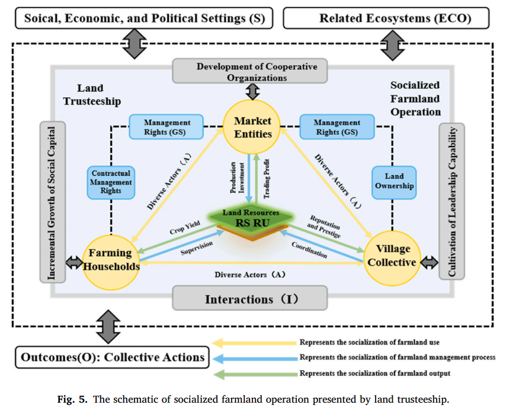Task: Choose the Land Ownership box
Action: coord(393,181)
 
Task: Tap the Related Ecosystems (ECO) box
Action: coord(387,18)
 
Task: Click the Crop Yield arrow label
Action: coord(185,228)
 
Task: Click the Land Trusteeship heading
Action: coord(91,94)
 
